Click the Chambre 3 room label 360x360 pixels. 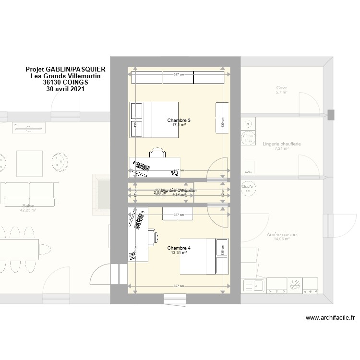179,120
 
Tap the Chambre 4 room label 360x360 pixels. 179,248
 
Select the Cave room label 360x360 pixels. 281,88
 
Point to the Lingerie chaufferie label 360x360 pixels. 281,144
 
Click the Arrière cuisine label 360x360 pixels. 281,235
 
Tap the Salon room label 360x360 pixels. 28,205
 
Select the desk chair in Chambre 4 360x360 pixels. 153,237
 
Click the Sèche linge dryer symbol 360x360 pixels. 248,138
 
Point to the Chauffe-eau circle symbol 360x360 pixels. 247,189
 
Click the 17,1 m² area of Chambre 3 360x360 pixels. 179,125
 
